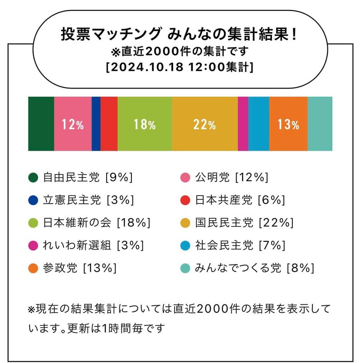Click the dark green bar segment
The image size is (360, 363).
point(41,123)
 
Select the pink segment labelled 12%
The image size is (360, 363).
point(73,124)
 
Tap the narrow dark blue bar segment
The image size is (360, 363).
point(96,123)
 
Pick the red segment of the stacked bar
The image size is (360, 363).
point(109,123)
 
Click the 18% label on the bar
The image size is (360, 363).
point(145,125)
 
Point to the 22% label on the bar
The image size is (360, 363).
point(204,125)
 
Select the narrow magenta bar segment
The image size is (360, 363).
point(243,123)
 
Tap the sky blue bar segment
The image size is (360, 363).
point(258,123)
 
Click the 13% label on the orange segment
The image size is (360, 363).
point(288,125)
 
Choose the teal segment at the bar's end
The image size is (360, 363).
point(320,123)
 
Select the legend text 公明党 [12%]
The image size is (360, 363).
point(232,177)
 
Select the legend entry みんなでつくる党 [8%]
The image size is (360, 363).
point(254,268)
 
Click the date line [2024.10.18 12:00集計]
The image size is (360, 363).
point(180,67)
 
